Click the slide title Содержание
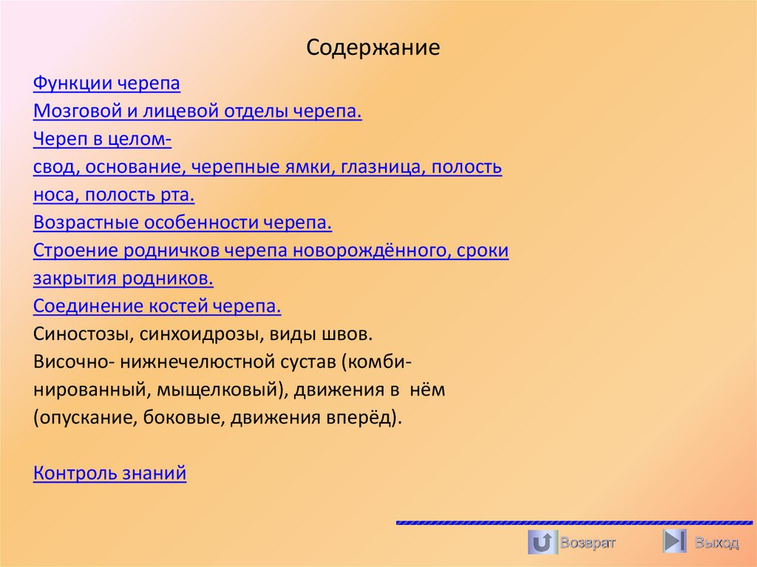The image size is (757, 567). pyautogui.click(x=373, y=49)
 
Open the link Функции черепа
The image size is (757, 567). pyautogui.click(x=107, y=84)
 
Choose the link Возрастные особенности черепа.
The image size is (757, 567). pyautogui.click(x=182, y=223)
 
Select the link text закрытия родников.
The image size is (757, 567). pyautogui.click(x=123, y=279)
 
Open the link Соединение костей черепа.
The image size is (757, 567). pyautogui.click(x=157, y=306)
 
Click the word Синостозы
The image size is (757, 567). pyautogui.click(x=80, y=334)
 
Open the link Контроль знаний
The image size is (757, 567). pyautogui.click(x=109, y=472)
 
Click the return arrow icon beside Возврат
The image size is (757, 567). pyautogui.click(x=540, y=542)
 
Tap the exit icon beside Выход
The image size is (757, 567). pyautogui.click(x=674, y=541)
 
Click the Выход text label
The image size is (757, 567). pyautogui.click(x=716, y=543)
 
